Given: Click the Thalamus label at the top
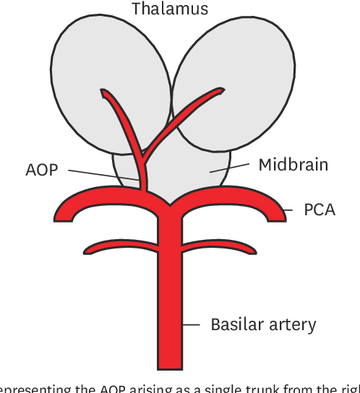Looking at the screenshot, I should (169, 9).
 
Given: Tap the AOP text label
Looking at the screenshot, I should (42, 170).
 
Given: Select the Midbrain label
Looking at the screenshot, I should (293, 165).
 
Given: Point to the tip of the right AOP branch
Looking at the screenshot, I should (221, 91).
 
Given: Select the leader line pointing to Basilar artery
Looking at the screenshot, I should (192, 325).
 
